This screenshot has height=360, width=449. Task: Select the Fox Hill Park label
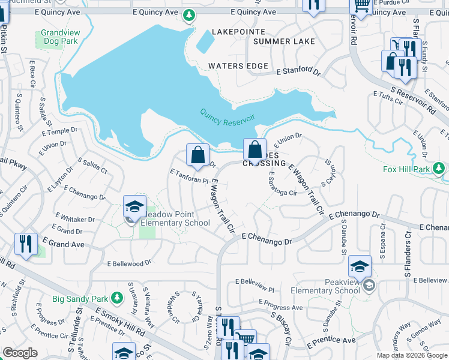407,169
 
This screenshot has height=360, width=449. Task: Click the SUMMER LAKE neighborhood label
284,41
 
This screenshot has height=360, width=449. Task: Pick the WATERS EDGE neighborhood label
238,66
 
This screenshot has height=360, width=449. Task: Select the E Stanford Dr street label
299,71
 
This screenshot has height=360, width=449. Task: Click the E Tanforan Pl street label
189,176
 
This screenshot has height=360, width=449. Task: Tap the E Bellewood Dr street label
129,263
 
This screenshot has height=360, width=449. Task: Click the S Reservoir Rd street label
412,100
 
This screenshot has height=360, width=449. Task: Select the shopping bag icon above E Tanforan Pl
197,155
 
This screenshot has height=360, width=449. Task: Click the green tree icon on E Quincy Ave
189,14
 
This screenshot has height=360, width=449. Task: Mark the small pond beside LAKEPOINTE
205,41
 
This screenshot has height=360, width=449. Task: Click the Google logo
20,353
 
